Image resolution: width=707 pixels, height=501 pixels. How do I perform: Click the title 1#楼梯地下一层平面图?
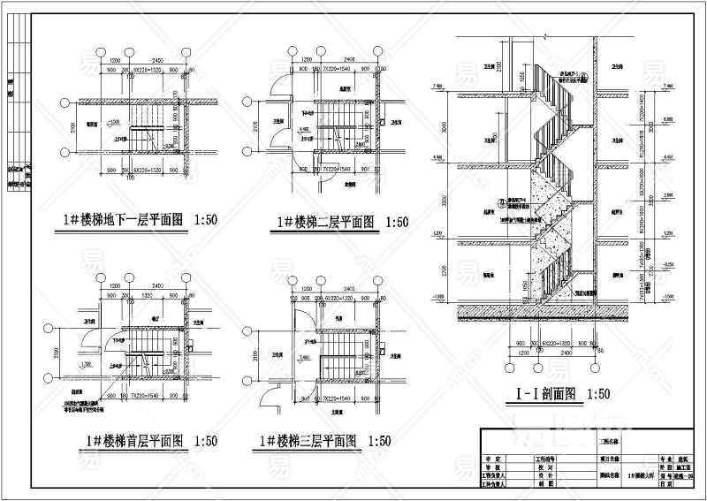(122, 223)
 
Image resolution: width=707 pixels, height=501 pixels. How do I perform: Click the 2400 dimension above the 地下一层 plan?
(156, 59)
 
